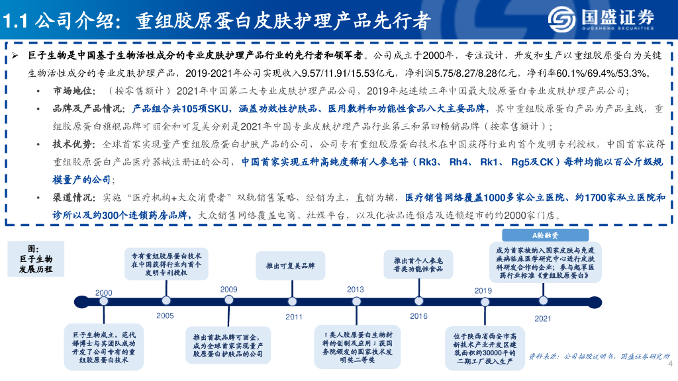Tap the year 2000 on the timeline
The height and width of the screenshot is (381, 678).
[104, 292]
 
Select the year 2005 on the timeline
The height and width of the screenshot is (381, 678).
[165, 316]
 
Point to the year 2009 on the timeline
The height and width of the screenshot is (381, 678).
[228, 290]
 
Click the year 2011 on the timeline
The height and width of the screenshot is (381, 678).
[294, 316]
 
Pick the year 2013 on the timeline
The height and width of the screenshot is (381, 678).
[356, 290]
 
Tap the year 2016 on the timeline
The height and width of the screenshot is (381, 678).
[418, 316]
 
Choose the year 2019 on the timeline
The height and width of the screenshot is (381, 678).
[483, 290]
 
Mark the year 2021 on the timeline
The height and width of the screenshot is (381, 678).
[543, 318]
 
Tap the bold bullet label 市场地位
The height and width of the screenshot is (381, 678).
[70, 91]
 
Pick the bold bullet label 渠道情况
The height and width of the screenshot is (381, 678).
[70, 196]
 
